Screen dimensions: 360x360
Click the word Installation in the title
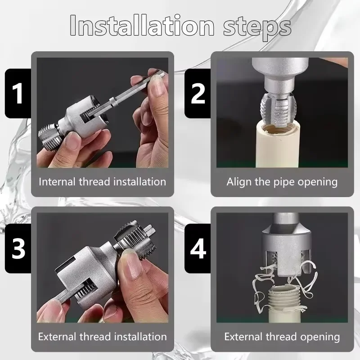click(x=142, y=27)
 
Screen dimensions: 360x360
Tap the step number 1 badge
click(x=18, y=93)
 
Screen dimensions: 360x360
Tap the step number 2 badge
click(x=198, y=93)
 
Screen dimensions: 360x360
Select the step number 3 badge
click(x=18, y=248)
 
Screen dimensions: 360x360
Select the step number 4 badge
click(x=198, y=248)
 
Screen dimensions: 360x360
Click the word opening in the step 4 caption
click(x=320, y=337)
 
